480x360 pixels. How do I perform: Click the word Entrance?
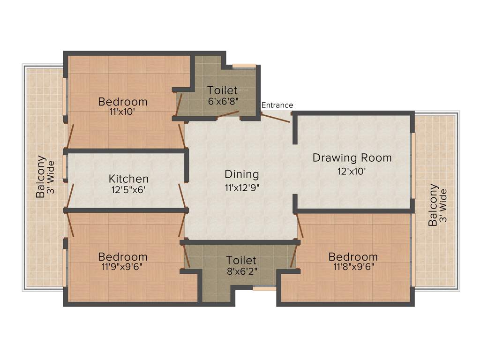pyautogui.click(x=277, y=105)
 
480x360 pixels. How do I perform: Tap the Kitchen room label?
pyautogui.click(x=128, y=179)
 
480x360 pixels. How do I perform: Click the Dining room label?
pyautogui.click(x=241, y=174)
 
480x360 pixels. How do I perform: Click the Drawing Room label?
pyautogui.click(x=352, y=158)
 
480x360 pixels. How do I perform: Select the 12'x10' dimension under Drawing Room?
pyautogui.click(x=352, y=171)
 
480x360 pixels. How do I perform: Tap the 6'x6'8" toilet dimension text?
pyautogui.click(x=223, y=101)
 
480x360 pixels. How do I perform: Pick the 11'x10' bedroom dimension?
pyautogui.click(x=122, y=112)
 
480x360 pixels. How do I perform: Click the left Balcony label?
pyautogui.click(x=41, y=176)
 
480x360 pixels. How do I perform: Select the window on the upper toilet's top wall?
pyautogui.click(x=244, y=66)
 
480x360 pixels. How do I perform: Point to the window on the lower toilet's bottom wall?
pyautogui.click(x=264, y=289)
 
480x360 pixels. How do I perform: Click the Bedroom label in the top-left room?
pyautogui.click(x=122, y=102)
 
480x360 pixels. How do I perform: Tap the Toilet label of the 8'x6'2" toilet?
pyautogui.click(x=241, y=260)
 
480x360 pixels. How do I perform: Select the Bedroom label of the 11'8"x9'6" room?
pyautogui.click(x=352, y=257)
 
